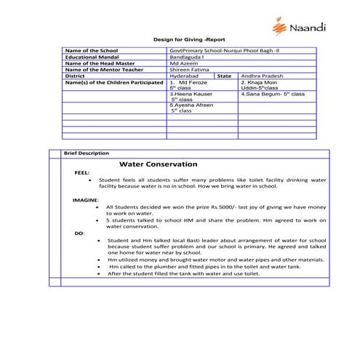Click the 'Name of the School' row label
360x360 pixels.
click(90, 51)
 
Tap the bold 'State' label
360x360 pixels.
click(224, 76)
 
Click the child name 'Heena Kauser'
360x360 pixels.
click(193, 95)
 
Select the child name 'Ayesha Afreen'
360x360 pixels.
click(193, 106)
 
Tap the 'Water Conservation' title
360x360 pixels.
click(159, 165)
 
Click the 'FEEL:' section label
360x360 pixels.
click(83, 173)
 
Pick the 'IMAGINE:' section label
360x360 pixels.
click(85, 200)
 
